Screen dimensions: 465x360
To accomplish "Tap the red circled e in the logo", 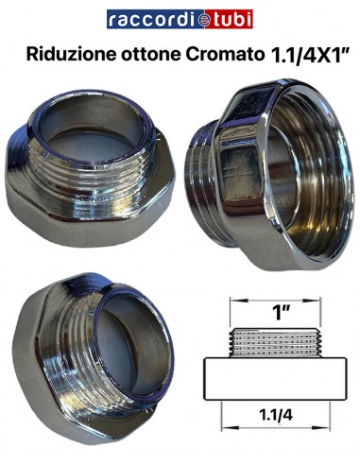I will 190,19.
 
